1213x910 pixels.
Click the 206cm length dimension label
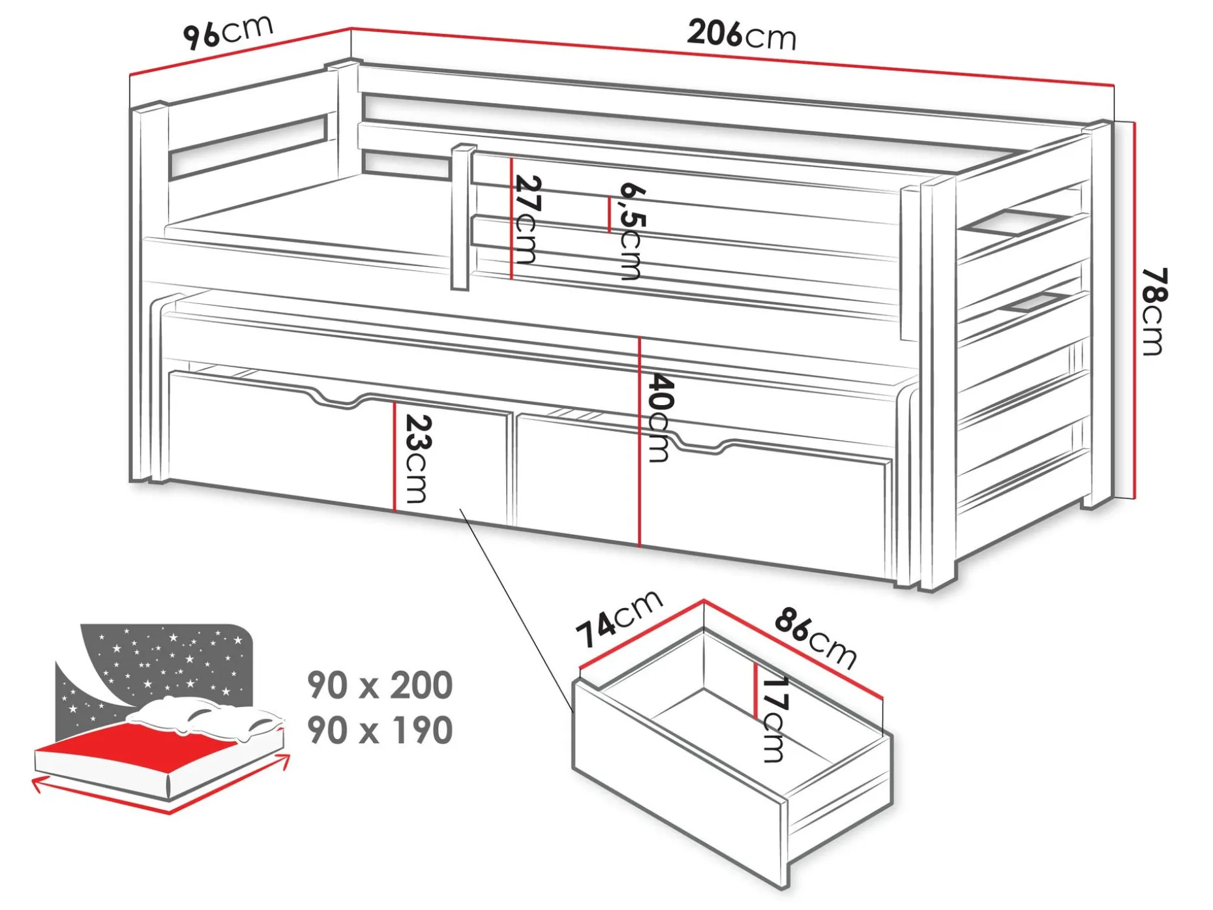coord(741,35)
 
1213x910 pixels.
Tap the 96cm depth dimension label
coord(228,31)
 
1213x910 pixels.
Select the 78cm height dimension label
coord(1154,311)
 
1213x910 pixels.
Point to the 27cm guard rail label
coord(526,219)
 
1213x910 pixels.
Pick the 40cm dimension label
coord(659,417)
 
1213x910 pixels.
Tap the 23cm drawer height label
coord(417,459)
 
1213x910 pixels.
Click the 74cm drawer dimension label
coord(619,619)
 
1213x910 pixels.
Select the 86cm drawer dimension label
coord(815,637)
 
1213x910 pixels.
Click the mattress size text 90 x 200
coord(380,685)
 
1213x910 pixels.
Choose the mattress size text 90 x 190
coord(380,730)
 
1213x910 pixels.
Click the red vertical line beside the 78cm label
coord(1135,311)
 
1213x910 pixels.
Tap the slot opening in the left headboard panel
coord(248,147)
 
